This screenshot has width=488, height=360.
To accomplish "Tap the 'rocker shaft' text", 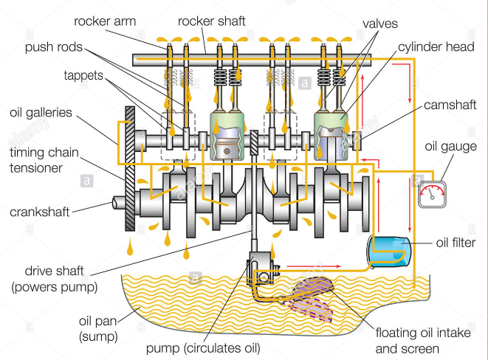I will [x=214, y=21].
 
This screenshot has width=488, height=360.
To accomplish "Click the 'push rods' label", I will [x=52, y=48].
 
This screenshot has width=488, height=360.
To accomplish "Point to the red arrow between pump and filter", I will [x=303, y=263].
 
